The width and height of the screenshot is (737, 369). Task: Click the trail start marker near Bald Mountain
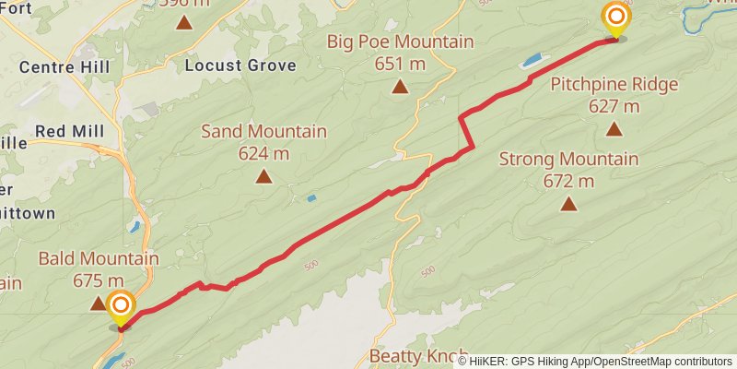(121, 307)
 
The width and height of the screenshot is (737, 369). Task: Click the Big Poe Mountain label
(401, 42)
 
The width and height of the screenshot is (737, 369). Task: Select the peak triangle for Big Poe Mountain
(400, 87)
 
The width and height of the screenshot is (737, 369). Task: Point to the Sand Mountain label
(263, 132)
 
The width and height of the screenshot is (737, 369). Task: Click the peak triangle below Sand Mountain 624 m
(264, 175)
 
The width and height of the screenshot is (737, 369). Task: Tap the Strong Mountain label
(568, 160)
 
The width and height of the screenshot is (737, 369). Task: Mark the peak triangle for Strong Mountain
(568, 203)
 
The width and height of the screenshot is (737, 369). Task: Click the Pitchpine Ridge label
(614, 85)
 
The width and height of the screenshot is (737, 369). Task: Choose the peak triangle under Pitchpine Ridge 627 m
(614, 128)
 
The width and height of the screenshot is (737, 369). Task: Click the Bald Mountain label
(99, 259)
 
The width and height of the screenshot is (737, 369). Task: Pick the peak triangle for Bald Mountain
(98, 302)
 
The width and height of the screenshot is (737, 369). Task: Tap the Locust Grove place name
(240, 65)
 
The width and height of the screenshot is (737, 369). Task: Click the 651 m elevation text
(401, 64)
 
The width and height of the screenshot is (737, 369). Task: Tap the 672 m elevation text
(568, 181)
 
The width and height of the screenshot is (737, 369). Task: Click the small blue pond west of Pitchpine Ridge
(532, 63)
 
